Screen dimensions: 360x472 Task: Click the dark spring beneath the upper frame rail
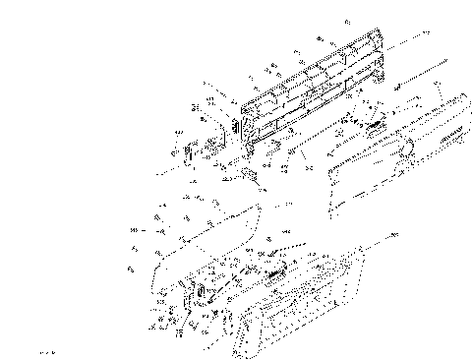click(372, 125)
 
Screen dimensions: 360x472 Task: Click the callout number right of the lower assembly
click(395, 236)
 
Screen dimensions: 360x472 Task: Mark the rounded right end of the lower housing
click(360, 266)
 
